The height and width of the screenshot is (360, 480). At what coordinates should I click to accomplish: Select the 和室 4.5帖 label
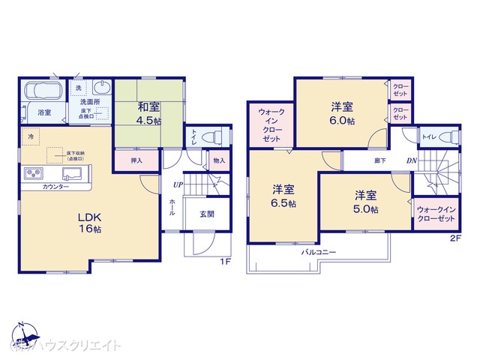tap(148, 111)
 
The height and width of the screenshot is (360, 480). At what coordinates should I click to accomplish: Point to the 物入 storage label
tap(218, 160)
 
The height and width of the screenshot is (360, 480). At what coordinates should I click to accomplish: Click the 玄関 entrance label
tap(207, 213)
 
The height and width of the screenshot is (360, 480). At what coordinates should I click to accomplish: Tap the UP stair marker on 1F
tap(178, 184)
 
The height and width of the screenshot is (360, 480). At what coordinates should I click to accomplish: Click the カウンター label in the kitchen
tap(56, 186)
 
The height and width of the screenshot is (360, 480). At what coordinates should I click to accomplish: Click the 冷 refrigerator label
tap(31, 139)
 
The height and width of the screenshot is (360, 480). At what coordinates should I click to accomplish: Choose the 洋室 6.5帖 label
tap(283, 195)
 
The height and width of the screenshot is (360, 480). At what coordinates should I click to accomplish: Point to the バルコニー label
tap(319, 253)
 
